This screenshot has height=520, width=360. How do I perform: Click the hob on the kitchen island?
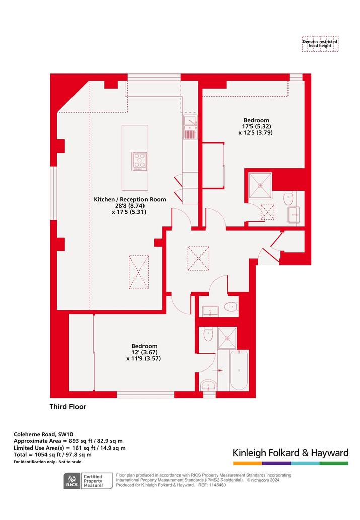139,161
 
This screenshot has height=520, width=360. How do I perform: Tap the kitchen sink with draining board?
190,127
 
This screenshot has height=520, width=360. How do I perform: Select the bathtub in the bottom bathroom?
239,370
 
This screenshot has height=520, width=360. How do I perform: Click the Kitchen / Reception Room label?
130,200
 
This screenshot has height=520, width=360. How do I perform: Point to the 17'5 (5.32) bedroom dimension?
256,126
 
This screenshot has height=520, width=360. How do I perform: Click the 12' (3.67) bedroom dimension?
145,352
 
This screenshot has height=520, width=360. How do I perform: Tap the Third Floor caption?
68,407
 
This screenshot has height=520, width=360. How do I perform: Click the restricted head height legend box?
320,44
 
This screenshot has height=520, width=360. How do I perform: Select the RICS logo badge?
72,481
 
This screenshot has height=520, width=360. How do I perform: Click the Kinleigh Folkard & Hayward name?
291,453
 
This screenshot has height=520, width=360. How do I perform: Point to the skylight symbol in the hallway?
198,258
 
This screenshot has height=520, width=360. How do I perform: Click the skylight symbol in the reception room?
138,272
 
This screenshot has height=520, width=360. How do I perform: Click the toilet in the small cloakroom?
231,307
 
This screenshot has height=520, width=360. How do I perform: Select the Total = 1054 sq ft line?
52,455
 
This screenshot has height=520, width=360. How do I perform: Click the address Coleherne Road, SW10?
43,434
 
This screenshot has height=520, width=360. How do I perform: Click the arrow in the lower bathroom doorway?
218,370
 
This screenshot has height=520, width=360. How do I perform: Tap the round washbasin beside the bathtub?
208,385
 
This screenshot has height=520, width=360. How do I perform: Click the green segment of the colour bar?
334,463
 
